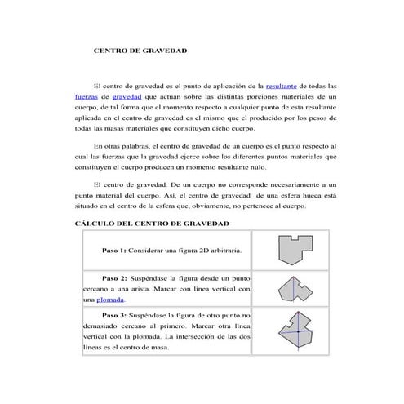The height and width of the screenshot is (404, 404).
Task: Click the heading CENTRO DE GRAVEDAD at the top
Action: [x=140, y=51]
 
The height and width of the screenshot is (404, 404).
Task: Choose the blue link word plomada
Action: [x=109, y=300]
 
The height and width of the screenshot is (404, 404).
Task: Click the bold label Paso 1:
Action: [x=115, y=250]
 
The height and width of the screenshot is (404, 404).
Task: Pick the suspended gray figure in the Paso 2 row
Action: [x=291, y=288]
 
